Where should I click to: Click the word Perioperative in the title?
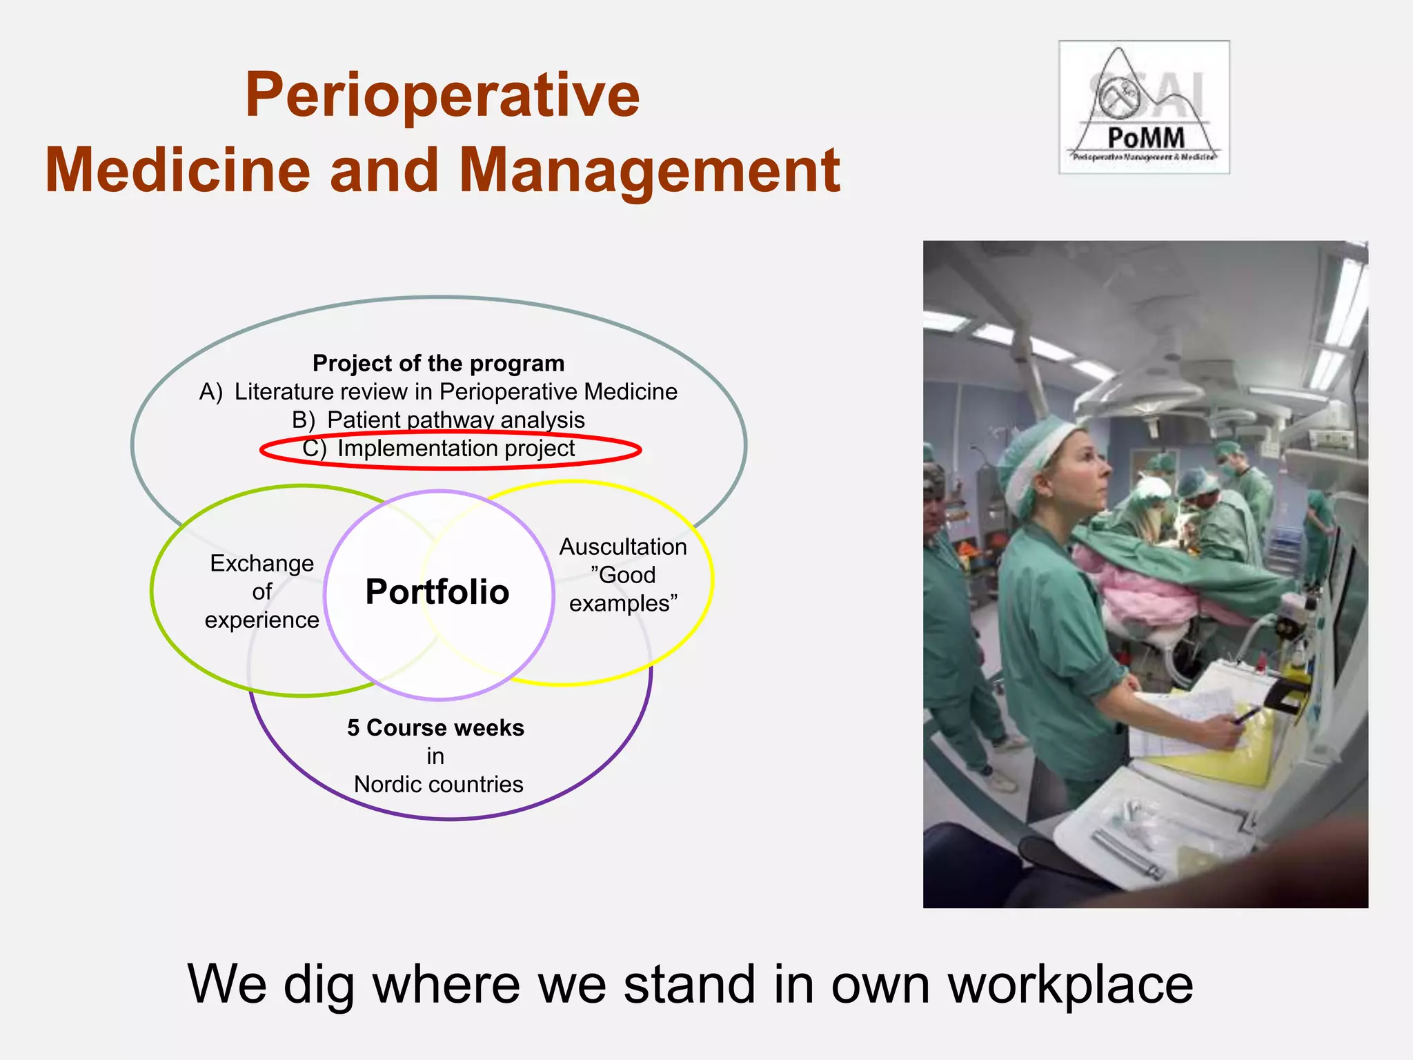click(x=442, y=97)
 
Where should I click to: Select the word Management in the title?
click(x=649, y=171)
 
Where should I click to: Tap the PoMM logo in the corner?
click(x=1144, y=107)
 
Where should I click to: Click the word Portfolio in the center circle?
click(x=437, y=592)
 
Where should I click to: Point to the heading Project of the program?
click(x=438, y=363)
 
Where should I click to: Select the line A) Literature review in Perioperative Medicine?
click(x=438, y=391)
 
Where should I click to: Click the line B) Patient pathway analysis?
click(x=438, y=420)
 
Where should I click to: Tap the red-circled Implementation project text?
click(x=455, y=449)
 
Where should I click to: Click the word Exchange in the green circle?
click(x=261, y=563)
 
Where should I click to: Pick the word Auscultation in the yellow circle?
click(x=623, y=547)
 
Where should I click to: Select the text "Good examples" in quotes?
click(x=623, y=589)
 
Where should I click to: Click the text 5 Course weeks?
click(x=435, y=727)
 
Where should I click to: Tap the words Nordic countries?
click(x=438, y=784)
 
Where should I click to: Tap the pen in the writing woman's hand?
click(x=1247, y=714)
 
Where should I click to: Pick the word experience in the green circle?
click(x=261, y=620)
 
